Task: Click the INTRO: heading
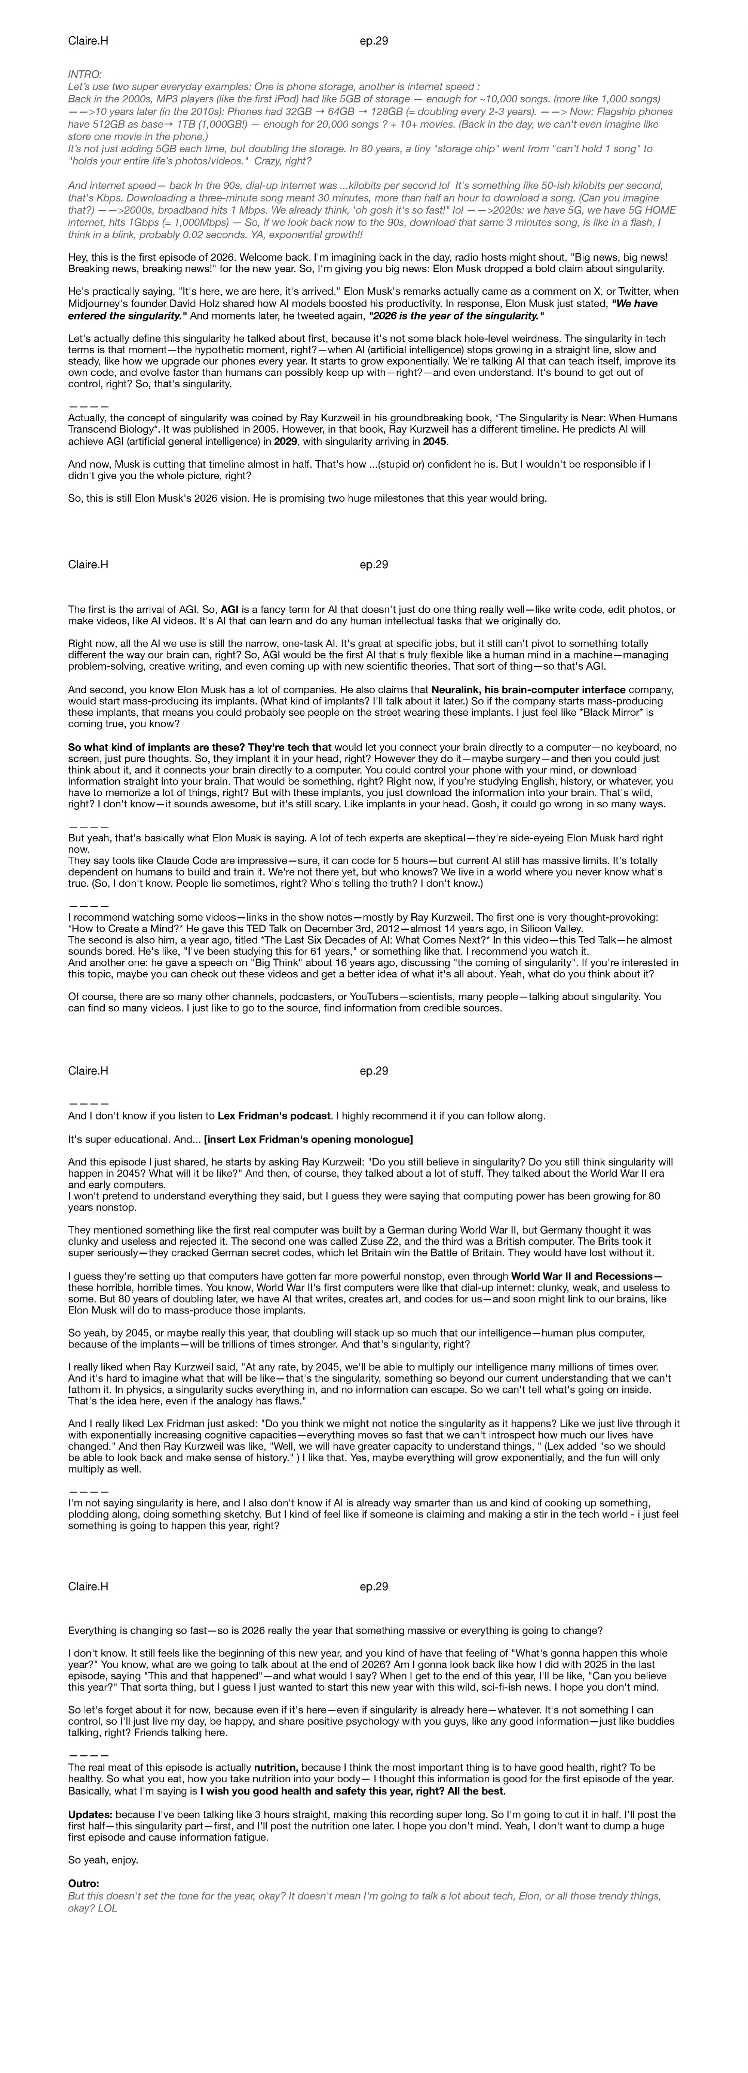(85, 74)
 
